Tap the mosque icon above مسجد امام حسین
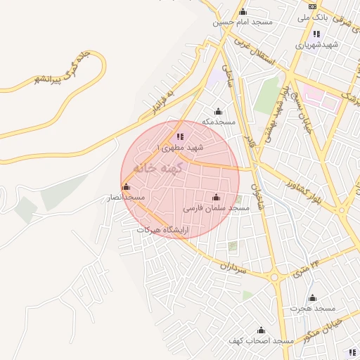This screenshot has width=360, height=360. click(x=243, y=11)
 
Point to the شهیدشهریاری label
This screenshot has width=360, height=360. click(x=316, y=44)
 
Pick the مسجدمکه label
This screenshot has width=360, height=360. click(x=218, y=122)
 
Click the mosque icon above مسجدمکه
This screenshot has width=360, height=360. click(x=218, y=111)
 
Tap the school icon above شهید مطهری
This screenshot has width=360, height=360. click(x=180, y=137)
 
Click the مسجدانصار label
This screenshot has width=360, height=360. click(x=126, y=198)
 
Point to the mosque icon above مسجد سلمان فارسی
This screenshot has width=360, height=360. click(x=216, y=198)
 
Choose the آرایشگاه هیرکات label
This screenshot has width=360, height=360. click(x=163, y=230)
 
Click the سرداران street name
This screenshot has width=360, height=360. click(x=230, y=266)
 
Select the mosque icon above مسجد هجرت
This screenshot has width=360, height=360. click(x=313, y=298)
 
